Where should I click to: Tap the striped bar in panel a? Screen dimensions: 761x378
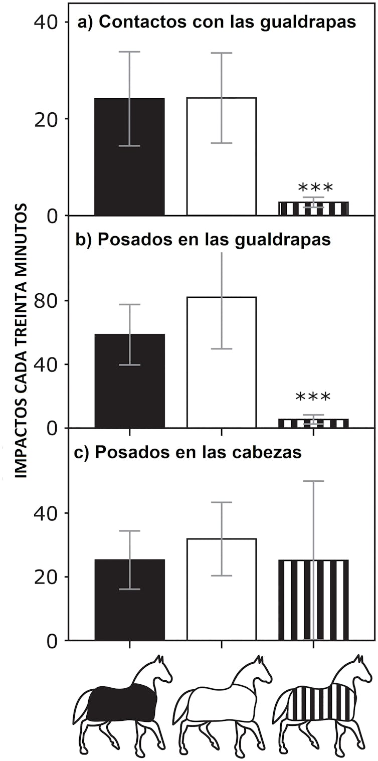[313, 209]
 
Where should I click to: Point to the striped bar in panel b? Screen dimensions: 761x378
[313, 424]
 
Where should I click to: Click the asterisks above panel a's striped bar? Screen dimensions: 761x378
[315, 188]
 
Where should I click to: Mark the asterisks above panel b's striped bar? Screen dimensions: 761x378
[313, 398]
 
